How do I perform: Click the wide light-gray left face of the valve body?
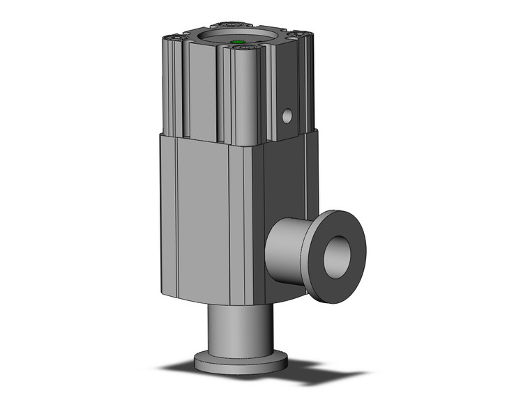tap(202, 216)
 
